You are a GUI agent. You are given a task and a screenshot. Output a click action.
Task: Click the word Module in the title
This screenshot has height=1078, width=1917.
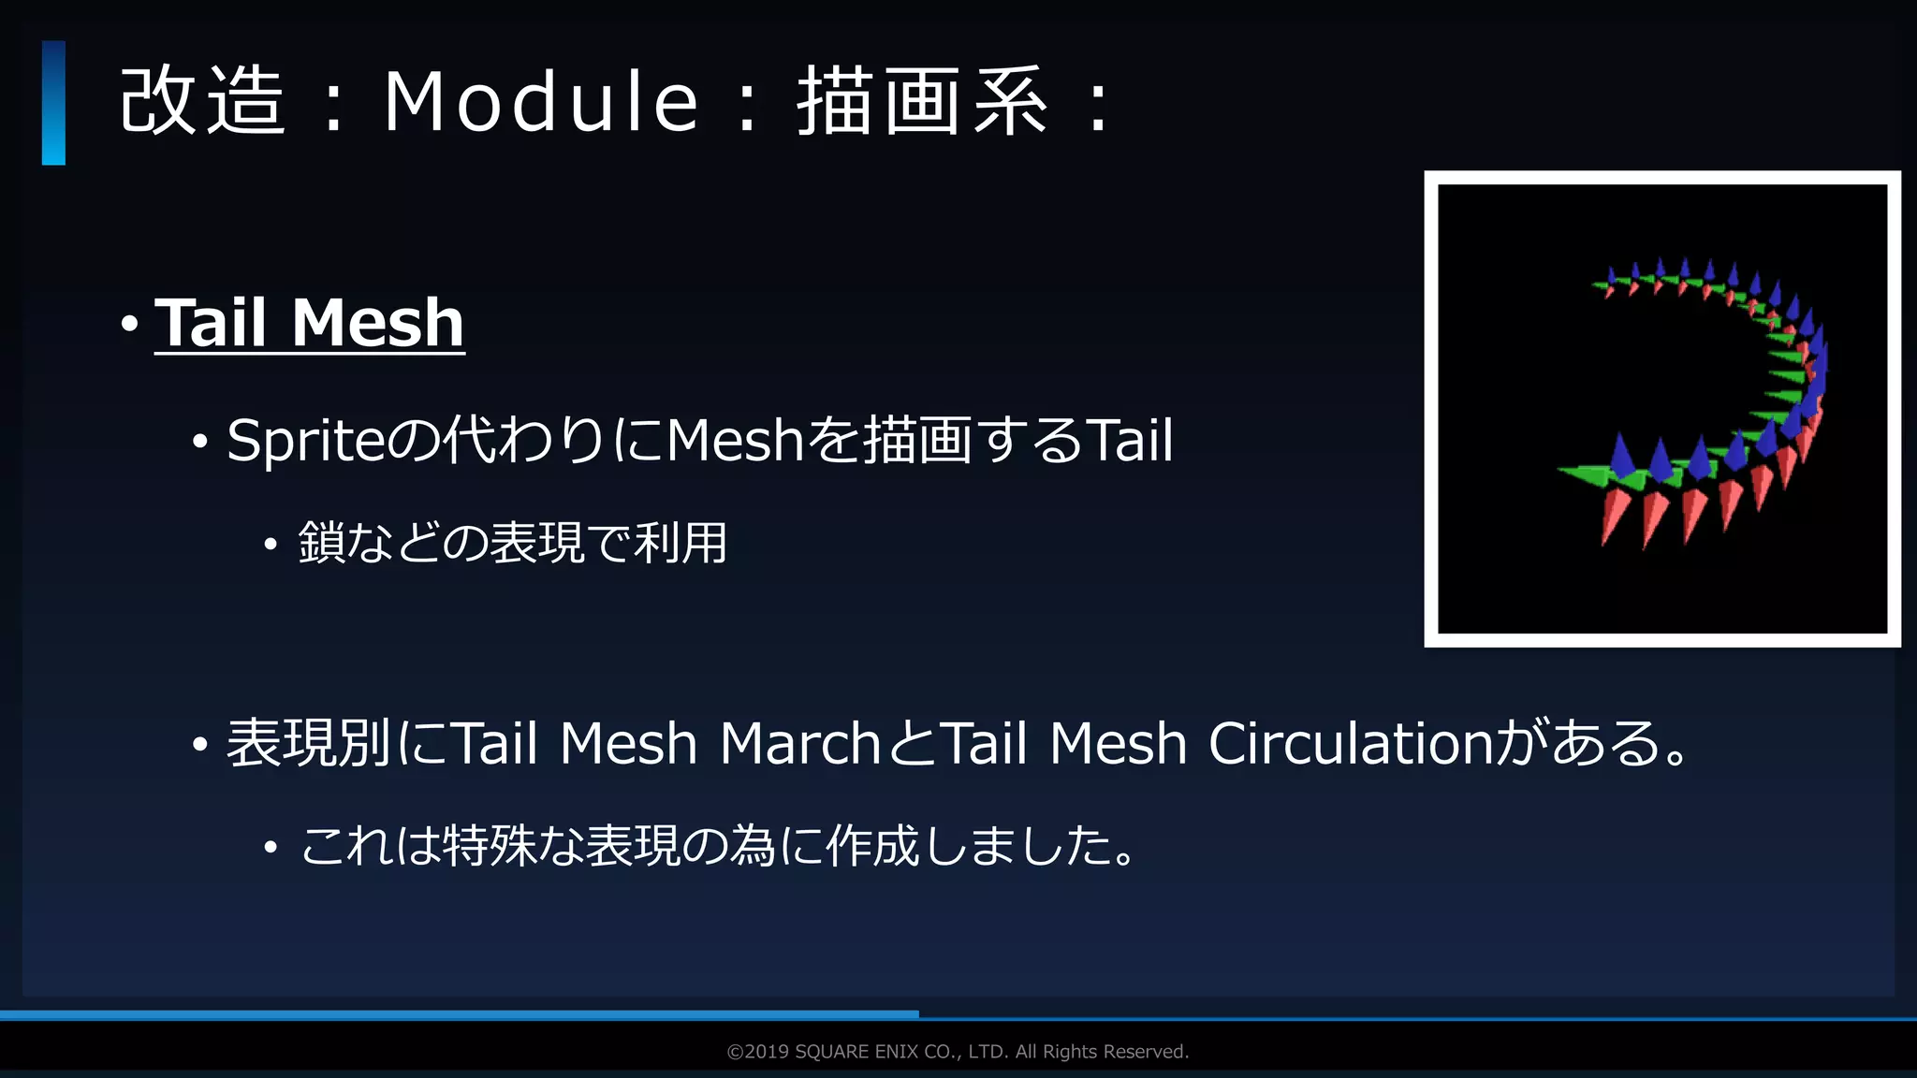point(541,101)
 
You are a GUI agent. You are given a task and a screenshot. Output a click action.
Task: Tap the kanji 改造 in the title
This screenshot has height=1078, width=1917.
point(201,101)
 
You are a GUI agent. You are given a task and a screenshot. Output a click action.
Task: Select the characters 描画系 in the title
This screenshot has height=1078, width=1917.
point(922,101)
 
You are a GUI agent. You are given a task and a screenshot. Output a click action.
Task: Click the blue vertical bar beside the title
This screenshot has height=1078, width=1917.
point(53,103)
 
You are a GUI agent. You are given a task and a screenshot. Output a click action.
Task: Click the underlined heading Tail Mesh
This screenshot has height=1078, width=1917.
point(309,323)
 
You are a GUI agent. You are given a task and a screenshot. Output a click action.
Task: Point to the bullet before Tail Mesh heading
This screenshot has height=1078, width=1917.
point(130,325)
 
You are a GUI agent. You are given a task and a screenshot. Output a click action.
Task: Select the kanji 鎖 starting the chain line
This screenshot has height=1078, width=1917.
point(321,543)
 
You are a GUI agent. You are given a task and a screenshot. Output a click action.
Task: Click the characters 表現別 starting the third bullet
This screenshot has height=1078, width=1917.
point(309,744)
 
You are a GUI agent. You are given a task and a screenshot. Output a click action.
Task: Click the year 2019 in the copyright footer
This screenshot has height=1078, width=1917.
point(767,1052)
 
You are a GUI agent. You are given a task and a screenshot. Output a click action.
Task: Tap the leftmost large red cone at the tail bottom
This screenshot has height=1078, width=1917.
point(1614,516)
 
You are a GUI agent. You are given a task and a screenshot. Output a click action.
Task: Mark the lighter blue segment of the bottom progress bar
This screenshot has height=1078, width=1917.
point(459,1014)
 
